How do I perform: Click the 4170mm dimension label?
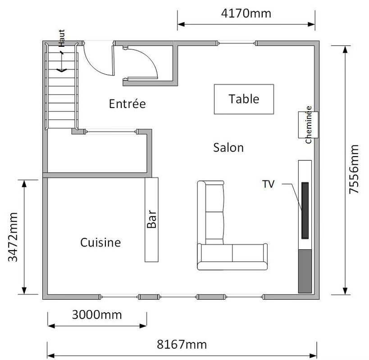[246, 13]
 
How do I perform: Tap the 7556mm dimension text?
[354, 169]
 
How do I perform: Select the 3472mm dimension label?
[13, 237]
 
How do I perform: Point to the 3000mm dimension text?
[97, 315]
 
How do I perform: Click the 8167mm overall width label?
[182, 345]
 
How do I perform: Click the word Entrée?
[128, 103]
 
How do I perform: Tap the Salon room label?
[228, 148]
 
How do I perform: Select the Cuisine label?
[100, 243]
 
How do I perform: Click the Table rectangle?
[244, 99]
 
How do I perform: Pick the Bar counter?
[151, 220]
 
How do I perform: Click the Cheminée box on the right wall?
[308, 125]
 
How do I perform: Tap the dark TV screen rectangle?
[305, 210]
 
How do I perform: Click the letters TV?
[268, 184]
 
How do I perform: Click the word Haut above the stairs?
[61, 38]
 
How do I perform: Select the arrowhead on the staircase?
[62, 70]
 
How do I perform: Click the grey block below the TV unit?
[305, 271]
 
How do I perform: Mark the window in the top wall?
[236, 43]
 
